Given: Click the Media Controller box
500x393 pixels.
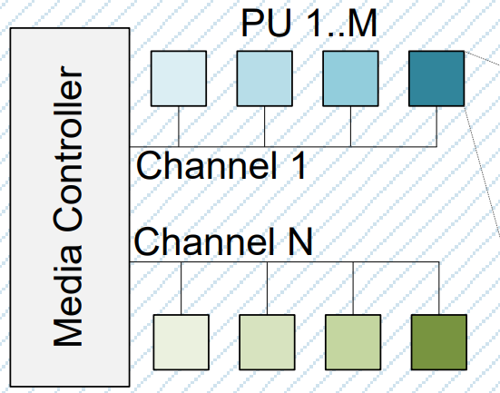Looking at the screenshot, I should (x=69, y=205).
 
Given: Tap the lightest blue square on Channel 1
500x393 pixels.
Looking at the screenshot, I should (x=178, y=78).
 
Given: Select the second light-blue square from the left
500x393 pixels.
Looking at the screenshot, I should (x=264, y=78).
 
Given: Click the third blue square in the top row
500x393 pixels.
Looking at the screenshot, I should (x=350, y=78).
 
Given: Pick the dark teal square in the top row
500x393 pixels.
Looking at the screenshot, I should (x=436, y=78).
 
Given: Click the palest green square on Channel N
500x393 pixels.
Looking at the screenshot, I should (x=182, y=342).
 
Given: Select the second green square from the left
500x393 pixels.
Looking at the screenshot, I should (x=268, y=342).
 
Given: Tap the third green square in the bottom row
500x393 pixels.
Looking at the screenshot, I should (x=353, y=342).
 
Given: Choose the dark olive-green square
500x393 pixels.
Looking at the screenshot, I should (x=439, y=342).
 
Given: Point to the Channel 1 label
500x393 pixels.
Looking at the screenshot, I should (x=221, y=165).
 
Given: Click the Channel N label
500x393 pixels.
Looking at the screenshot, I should (x=223, y=242).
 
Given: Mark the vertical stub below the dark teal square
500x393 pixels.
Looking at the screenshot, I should (x=436, y=126).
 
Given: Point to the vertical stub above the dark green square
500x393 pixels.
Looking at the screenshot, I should (x=439, y=288).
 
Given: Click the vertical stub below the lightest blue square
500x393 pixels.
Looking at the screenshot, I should (x=178, y=126).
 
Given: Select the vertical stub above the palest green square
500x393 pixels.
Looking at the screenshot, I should (x=182, y=288).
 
